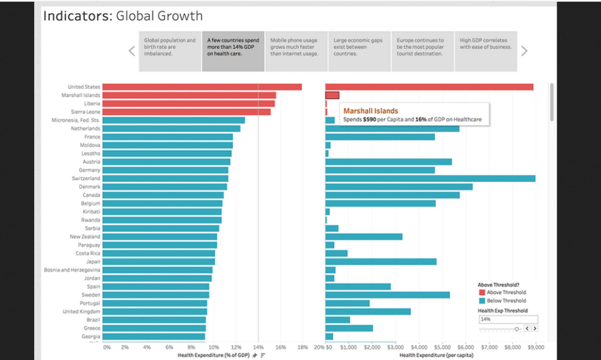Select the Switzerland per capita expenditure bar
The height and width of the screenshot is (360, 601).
(430, 178)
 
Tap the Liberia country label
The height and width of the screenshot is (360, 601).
(91, 103)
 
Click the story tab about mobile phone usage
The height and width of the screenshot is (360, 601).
(296, 51)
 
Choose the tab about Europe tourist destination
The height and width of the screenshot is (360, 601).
(421, 51)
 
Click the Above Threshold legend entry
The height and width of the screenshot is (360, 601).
(502, 293)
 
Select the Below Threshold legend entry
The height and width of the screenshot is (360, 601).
(502, 301)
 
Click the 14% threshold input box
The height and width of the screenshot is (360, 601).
(507, 319)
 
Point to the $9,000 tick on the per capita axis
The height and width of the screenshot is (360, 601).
(535, 347)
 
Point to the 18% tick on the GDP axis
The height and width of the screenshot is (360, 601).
(303, 347)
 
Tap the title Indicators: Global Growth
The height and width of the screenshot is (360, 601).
(123, 16)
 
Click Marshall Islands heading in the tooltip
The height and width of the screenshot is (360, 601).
(370, 111)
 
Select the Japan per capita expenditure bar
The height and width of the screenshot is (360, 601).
(380, 261)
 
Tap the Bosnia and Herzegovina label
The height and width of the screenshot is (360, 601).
(72, 270)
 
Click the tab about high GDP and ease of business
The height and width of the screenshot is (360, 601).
(485, 51)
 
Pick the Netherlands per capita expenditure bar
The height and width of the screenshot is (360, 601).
(392, 129)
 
